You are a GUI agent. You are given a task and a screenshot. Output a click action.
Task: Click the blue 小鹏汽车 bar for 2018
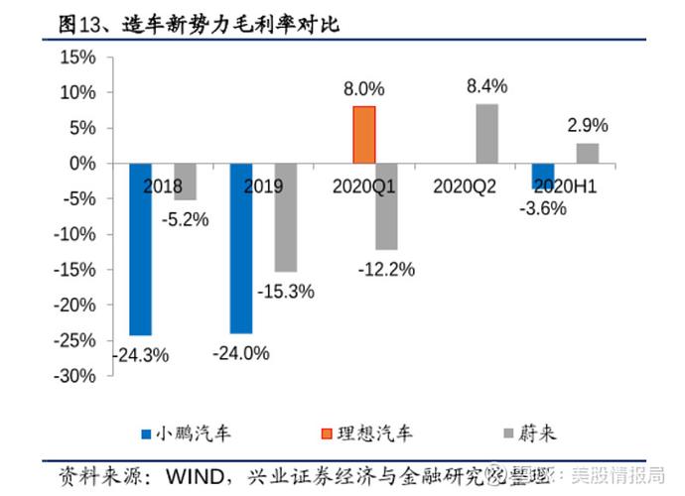point(141,249)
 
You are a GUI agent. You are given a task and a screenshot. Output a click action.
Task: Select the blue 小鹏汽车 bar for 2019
point(241,248)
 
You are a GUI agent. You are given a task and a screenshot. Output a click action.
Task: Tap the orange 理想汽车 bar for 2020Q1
point(364,134)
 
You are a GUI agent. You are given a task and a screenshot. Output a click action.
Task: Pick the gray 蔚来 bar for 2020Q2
point(486,133)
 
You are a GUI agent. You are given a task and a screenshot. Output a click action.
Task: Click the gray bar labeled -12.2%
point(386,206)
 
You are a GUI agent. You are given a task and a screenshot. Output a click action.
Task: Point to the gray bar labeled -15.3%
point(286,217)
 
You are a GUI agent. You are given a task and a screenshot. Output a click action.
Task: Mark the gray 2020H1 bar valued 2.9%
point(588,153)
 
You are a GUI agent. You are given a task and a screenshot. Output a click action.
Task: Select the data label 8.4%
point(486,86)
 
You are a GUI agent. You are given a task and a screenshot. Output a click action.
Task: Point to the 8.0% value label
point(364,89)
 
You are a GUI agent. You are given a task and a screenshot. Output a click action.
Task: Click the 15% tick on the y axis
point(75,58)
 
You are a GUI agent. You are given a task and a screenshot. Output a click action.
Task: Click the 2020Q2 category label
point(465,186)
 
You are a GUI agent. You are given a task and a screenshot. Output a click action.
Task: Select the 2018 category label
point(162,186)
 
